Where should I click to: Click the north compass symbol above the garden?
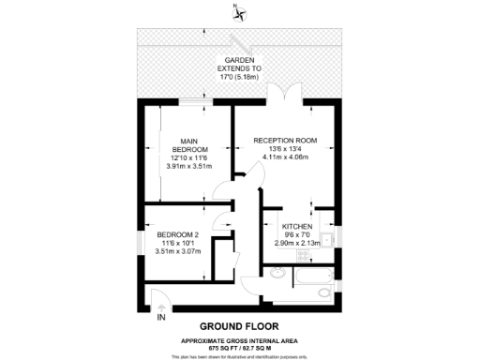click(x=243, y=13)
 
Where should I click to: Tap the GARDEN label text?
click(x=240, y=59)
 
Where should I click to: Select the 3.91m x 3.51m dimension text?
click(x=188, y=166)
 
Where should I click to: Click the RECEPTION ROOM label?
click(x=286, y=141)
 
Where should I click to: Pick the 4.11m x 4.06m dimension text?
click(x=286, y=157)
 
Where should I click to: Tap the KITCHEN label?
click(x=297, y=226)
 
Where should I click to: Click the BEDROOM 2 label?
click(x=177, y=234)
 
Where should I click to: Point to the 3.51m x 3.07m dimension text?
click(x=177, y=250)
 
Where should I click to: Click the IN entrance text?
click(x=160, y=318)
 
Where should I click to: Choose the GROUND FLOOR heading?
click(x=240, y=320)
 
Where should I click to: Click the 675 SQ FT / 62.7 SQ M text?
click(x=240, y=343)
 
